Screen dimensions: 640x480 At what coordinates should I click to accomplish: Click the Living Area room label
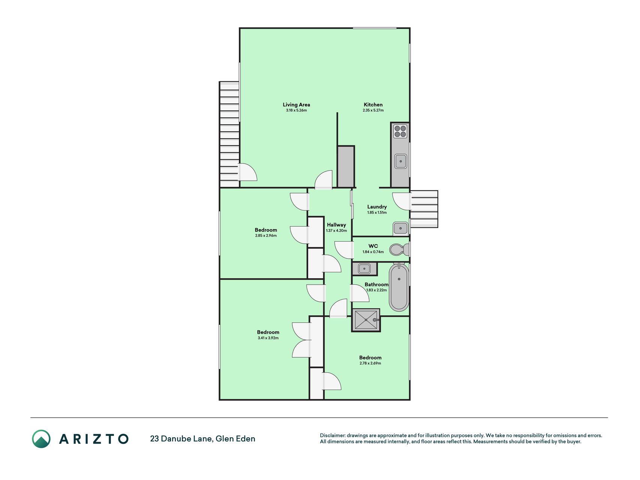click(296, 105)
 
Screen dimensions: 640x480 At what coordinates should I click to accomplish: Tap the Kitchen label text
click(373, 105)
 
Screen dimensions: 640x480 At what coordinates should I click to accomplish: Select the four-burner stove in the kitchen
click(400, 131)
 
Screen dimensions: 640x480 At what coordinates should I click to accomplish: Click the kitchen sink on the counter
click(401, 161)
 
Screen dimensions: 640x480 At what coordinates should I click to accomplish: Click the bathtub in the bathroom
click(399, 287)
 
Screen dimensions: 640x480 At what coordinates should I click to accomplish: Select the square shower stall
click(366, 320)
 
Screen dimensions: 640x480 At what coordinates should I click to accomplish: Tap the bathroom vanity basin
click(364, 269)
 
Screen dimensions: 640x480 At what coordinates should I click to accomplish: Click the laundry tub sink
click(400, 228)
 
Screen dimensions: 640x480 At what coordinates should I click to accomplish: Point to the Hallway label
click(336, 225)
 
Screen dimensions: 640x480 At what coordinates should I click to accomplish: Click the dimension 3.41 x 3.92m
click(268, 338)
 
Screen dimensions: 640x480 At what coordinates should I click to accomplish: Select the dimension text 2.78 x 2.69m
click(370, 363)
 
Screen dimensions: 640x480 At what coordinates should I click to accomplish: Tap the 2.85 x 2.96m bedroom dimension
click(266, 235)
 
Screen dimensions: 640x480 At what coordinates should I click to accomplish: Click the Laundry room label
click(377, 207)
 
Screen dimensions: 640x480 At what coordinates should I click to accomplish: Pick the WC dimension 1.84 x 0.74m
click(373, 252)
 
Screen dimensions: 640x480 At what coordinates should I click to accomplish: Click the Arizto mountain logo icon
click(41, 439)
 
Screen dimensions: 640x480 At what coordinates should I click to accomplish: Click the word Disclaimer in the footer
click(333, 435)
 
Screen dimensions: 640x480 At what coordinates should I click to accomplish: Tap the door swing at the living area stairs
click(247, 172)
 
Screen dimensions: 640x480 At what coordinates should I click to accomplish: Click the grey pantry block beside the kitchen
click(346, 166)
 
